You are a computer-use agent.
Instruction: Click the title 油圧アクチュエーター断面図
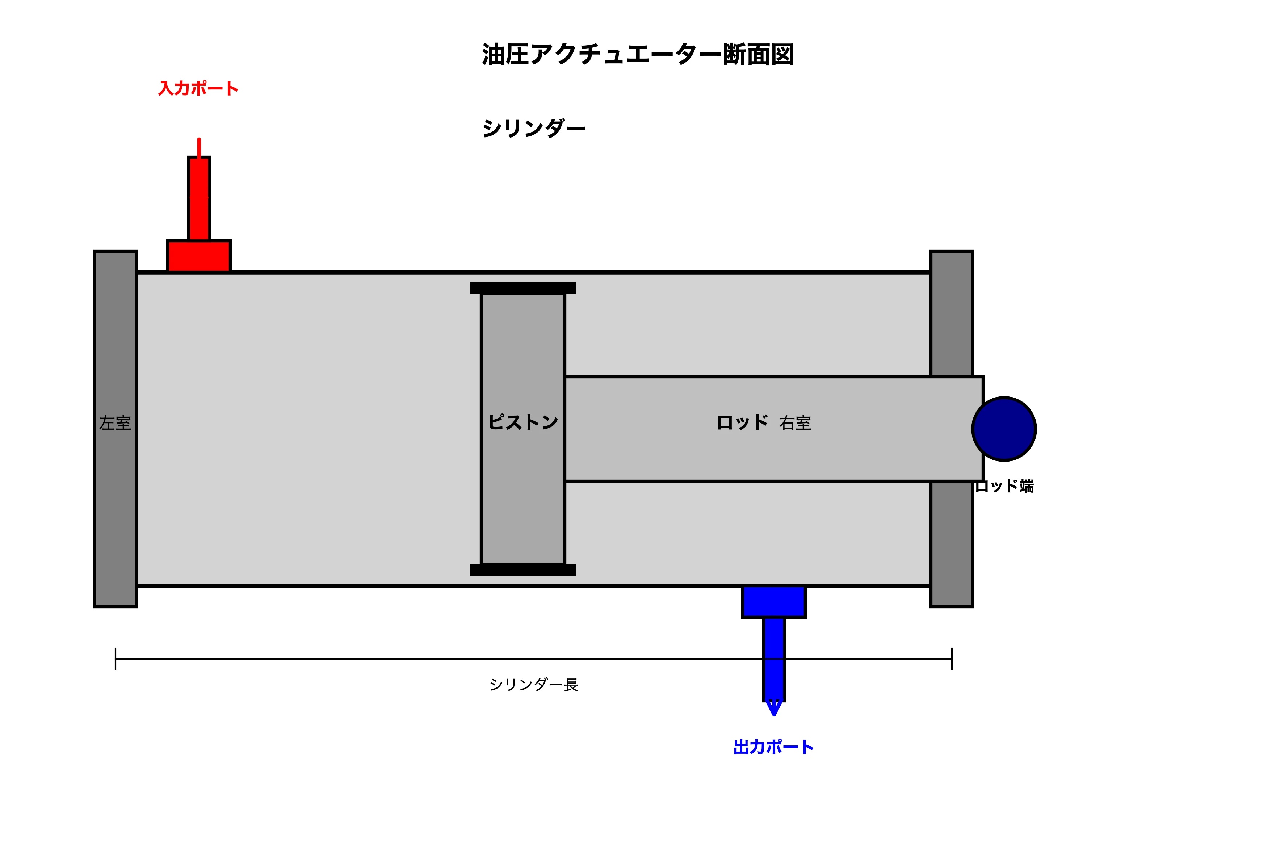point(637,55)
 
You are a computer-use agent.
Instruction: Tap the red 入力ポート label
point(198,89)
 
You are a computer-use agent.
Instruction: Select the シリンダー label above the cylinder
point(533,129)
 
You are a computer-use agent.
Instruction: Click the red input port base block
point(199,256)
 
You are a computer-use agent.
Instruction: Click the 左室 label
point(115,423)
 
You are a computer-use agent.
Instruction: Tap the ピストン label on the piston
point(522,422)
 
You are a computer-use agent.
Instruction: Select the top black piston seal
point(522,288)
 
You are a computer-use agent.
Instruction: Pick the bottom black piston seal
point(522,569)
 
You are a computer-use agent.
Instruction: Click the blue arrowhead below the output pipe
point(773,707)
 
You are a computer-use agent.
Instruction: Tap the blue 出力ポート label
point(773,747)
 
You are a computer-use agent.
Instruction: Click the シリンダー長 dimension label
point(533,685)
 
